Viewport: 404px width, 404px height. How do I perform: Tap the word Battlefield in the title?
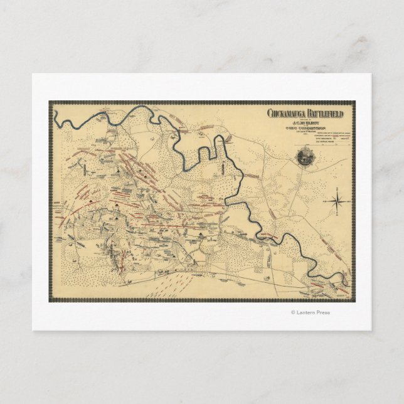(x=327, y=113)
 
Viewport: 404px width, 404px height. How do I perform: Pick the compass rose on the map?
(x=336, y=201)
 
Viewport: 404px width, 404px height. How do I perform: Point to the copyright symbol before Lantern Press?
(x=292, y=312)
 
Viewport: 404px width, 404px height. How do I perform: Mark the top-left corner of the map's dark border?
(x=50, y=102)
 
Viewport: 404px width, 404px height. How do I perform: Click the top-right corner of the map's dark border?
(x=354, y=102)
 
